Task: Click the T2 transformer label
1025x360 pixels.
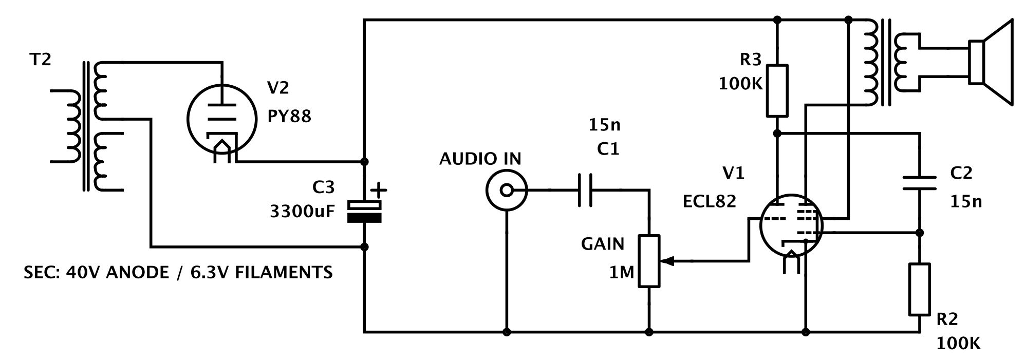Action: [41, 60]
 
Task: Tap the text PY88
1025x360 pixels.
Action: [289, 116]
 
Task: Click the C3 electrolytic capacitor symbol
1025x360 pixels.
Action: [364, 212]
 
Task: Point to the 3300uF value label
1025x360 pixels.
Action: [302, 211]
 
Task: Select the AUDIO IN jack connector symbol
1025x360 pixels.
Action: [507, 191]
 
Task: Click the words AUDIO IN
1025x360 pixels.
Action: [480, 159]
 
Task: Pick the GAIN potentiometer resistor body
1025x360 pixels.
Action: [649, 261]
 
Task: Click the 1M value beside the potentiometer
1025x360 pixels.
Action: [622, 272]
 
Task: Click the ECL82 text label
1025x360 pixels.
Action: [709, 201]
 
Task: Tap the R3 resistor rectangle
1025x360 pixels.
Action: [777, 91]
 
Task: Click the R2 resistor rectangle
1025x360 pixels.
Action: [920, 289]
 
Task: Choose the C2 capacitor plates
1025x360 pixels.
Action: [920, 183]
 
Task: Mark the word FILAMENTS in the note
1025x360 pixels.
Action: [284, 272]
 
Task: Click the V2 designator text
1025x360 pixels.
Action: [278, 88]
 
